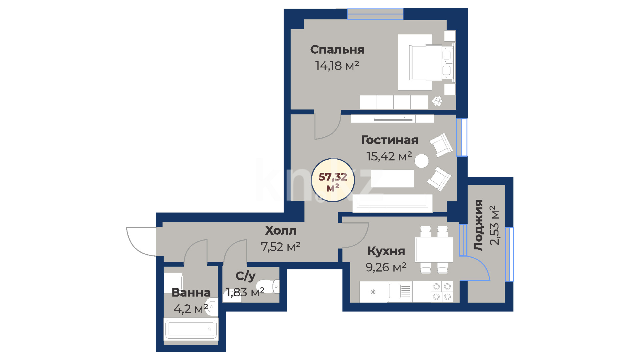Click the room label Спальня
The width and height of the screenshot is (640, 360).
coord(337,50)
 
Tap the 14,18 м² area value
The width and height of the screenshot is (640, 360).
coord(337,65)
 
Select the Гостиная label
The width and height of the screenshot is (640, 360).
coord(389,140)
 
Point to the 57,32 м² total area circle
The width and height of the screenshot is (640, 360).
coord(333,180)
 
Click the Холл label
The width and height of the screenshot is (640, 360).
coord(281,230)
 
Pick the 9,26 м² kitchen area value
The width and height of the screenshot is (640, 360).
coord(386,267)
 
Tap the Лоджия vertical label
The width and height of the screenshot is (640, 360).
coord(478,225)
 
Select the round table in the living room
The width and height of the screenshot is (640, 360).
coord(422,161)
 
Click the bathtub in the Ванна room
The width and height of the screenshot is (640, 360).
coord(191,329)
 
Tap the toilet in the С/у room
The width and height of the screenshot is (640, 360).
coord(268,286)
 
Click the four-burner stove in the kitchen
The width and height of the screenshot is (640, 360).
coord(442,292)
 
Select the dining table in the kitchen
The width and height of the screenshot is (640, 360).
coord(434,249)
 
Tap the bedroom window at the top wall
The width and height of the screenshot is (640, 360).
coord(375,14)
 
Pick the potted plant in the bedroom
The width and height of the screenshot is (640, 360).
coord(437,101)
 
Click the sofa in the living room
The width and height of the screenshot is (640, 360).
coord(393,203)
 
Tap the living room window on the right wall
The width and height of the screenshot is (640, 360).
coord(462,137)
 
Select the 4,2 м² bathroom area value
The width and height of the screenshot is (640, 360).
coord(191,309)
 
